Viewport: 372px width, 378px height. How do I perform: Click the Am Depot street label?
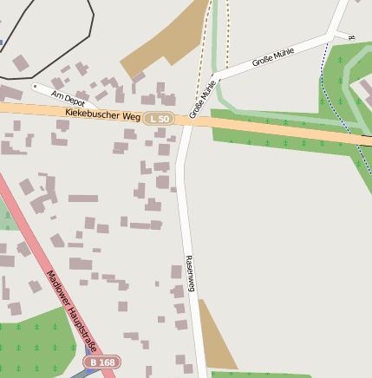tap(69, 97)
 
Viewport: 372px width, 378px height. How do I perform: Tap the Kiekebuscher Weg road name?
tap(102, 114)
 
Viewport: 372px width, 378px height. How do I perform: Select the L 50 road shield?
tap(160, 117)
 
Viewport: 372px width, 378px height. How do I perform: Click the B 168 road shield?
tap(101, 362)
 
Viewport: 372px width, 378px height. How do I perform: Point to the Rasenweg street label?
tap(191, 274)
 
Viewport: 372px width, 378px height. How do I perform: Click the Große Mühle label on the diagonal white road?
tap(272, 58)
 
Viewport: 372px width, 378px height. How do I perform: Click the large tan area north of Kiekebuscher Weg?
tap(165, 39)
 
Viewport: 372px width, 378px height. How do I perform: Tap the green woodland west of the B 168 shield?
tap(35, 347)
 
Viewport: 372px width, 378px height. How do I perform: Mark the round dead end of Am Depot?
tap(35, 86)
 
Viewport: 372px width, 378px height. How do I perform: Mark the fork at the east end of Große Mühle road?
tap(331, 36)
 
